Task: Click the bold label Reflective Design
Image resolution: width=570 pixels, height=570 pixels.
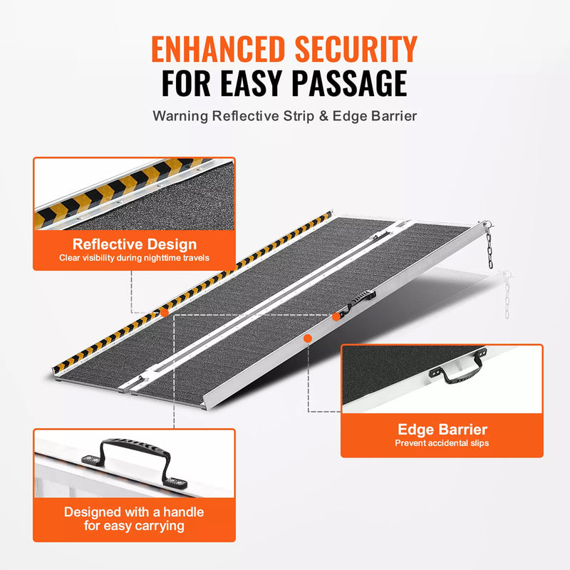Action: pos(134,244)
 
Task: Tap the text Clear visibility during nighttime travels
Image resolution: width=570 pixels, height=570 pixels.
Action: pos(134,257)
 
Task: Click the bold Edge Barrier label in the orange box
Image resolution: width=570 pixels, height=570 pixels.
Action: pos(442,430)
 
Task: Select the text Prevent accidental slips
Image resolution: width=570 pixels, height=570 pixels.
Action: pos(442,443)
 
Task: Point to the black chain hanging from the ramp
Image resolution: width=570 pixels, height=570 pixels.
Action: pos(490,247)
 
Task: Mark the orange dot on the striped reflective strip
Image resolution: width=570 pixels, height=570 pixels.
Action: pos(165,312)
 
